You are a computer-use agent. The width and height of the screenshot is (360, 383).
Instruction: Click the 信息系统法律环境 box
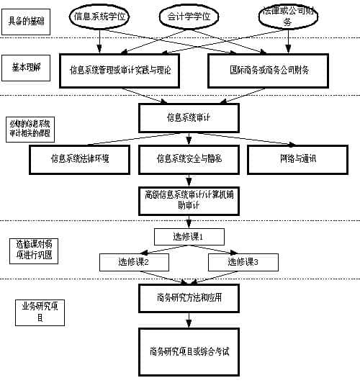[80, 159]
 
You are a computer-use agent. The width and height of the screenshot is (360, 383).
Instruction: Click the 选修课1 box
[189, 236]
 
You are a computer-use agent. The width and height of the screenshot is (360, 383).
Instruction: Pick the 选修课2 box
[134, 262]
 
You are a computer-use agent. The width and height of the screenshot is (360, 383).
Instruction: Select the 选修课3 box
[243, 262]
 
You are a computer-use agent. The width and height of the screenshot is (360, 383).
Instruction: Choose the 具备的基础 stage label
[27, 22]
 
